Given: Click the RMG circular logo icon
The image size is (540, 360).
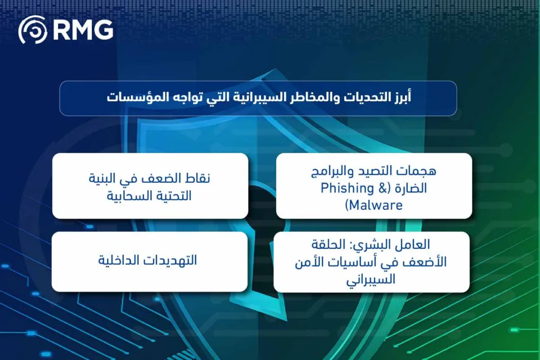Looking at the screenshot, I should (33, 30).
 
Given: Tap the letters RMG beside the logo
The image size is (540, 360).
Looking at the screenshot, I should (83, 30).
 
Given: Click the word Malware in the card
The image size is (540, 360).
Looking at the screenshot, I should (376, 205).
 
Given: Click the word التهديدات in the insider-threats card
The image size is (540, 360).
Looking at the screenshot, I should (172, 261).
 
